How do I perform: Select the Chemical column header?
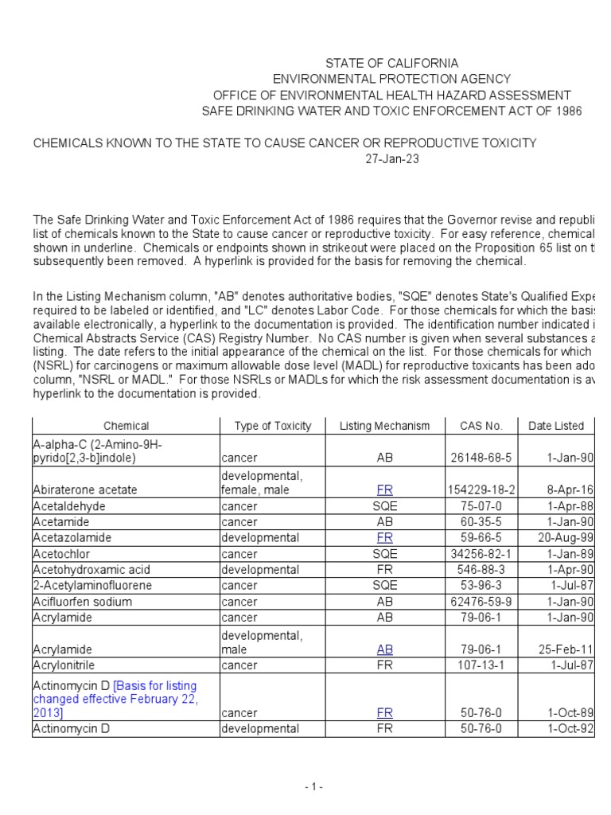(x=126, y=426)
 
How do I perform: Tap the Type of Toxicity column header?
(x=273, y=426)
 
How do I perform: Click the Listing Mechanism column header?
(x=384, y=426)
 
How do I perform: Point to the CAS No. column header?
(x=481, y=426)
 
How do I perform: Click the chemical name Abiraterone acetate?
(x=85, y=490)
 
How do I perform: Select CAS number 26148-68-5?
(x=481, y=458)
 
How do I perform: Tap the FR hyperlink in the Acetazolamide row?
(x=384, y=538)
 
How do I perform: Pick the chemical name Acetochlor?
(x=60, y=554)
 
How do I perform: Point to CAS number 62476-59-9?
(x=481, y=602)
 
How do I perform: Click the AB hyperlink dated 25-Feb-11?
(x=384, y=649)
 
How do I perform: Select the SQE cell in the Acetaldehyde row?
(x=384, y=506)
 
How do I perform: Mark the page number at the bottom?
(x=313, y=787)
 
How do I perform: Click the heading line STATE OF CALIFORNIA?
(x=391, y=63)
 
